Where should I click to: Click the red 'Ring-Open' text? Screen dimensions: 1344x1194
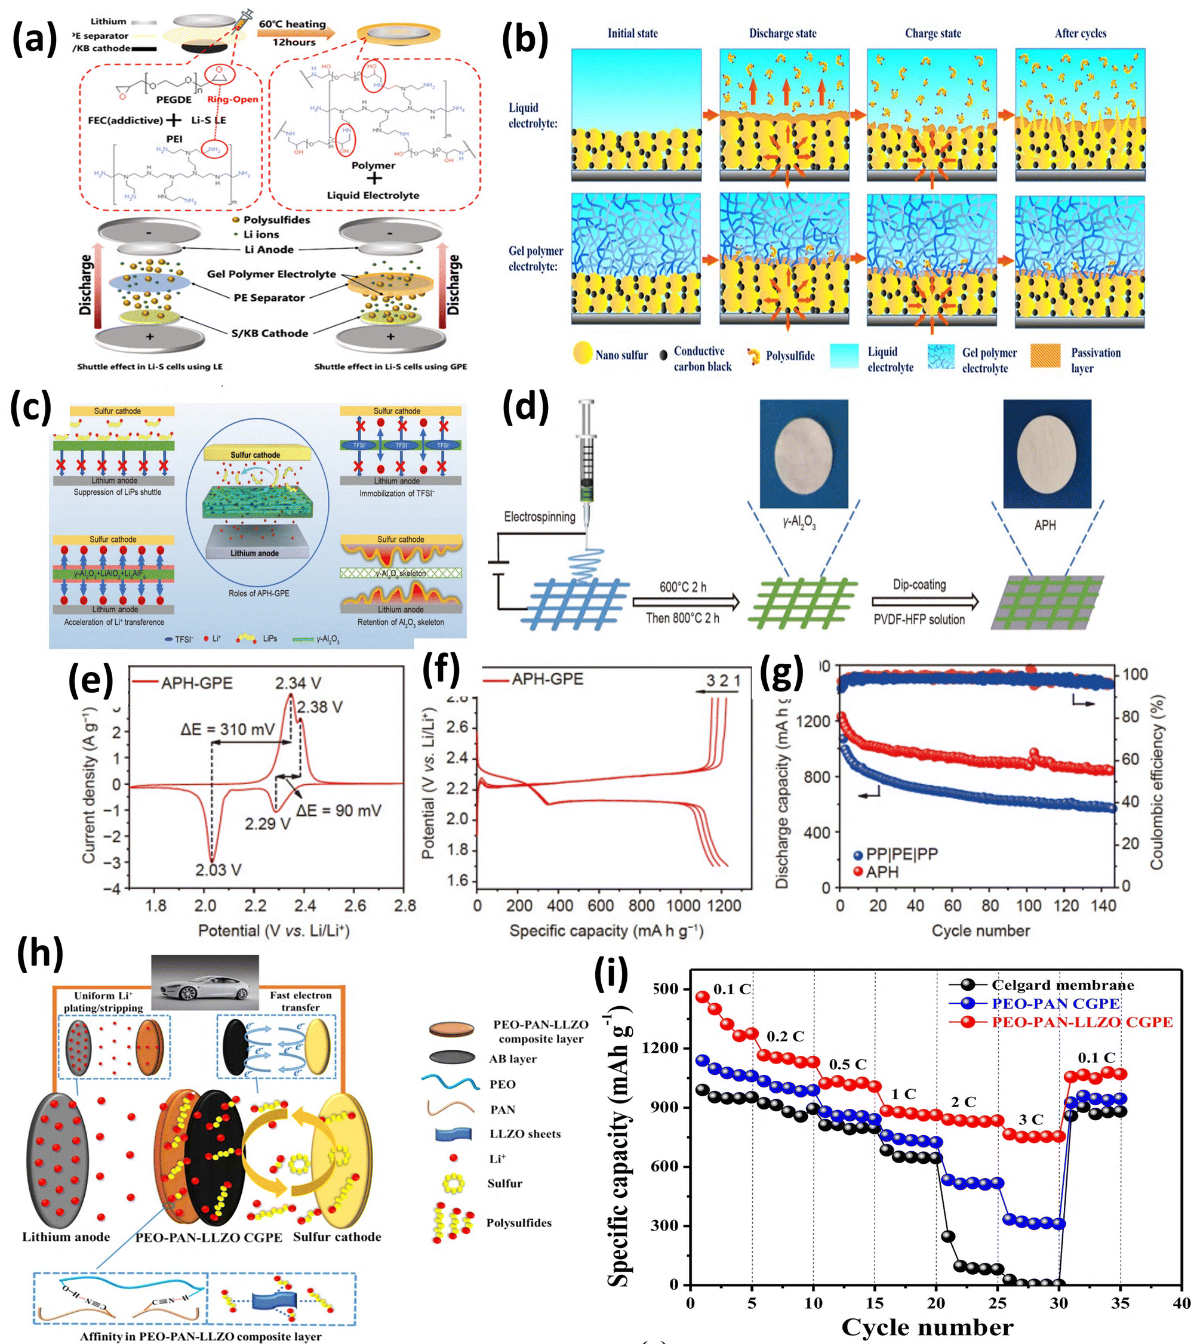(233, 99)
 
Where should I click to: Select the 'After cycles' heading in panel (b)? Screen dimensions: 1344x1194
(1080, 33)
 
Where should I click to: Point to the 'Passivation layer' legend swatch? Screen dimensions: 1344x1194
(1045, 356)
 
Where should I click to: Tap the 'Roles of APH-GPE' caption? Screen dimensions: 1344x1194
(259, 593)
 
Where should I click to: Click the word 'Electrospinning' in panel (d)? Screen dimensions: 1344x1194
(540, 517)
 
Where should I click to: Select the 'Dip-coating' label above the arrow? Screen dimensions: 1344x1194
(919, 584)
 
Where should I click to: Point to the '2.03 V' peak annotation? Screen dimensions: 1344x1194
(218, 870)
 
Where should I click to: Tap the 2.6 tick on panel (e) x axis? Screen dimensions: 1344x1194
(355, 905)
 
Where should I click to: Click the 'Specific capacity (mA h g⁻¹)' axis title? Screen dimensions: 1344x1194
(606, 931)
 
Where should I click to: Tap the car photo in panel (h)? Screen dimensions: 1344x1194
(205, 982)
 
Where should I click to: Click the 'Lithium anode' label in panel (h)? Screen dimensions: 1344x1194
(66, 1237)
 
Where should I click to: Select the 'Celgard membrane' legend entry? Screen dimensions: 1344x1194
(1063, 985)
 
